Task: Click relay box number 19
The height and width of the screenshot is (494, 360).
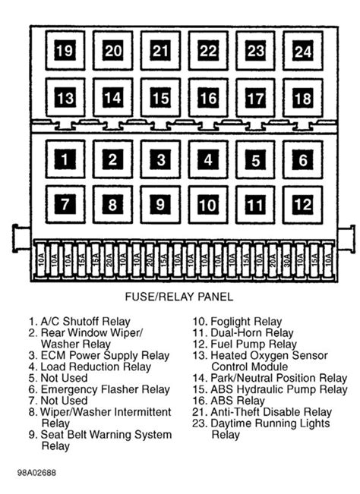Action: click(65, 52)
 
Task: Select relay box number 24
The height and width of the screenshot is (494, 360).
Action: click(303, 52)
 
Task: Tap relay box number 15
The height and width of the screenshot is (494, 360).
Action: click(159, 98)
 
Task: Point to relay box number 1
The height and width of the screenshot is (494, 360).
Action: click(65, 160)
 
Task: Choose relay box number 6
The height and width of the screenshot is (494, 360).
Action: click(303, 160)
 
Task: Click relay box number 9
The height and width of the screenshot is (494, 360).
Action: click(159, 204)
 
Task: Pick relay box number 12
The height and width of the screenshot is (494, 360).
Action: click(303, 204)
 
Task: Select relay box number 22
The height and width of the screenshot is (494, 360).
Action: click(208, 52)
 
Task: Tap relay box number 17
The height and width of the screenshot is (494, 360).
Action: click(256, 98)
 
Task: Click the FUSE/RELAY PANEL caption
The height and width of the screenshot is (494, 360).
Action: click(180, 297)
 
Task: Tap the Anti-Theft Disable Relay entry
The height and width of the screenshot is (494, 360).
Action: click(261, 412)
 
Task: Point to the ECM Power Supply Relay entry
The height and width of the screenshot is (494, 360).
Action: click(105, 355)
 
